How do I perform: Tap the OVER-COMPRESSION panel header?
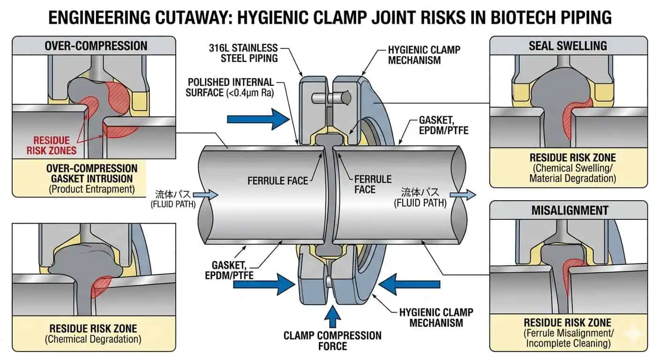[96, 45]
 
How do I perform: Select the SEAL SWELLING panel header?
[568, 45]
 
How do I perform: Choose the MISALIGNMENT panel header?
[568, 210]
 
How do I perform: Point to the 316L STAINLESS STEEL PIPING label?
[249, 53]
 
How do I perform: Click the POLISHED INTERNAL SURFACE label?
[230, 87]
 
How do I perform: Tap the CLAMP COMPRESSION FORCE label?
[332, 341]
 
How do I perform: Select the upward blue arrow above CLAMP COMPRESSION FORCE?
[332, 317]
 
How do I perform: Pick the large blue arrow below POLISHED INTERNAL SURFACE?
[258, 119]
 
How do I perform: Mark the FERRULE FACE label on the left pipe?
[278, 180]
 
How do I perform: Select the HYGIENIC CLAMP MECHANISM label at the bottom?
[436, 317]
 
